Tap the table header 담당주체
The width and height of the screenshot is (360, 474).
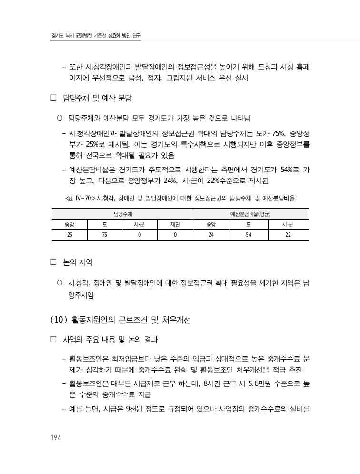pos(123,214)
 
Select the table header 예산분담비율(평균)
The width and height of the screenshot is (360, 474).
pos(250,214)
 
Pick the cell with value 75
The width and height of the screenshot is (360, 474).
pos(104,234)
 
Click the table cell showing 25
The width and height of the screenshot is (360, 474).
pos(70,234)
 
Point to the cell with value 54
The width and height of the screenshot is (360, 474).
pos(249,234)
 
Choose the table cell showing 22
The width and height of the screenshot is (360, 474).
pos(288,234)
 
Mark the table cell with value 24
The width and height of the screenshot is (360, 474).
pos(211,234)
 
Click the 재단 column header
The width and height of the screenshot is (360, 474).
pos(175,224)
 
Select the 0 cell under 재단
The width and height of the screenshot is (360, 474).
pos(175,234)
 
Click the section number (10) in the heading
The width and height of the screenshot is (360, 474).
pos(59,320)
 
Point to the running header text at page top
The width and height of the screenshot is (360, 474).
pos(96,36)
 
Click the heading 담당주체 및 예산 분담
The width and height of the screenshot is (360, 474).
pos(97,99)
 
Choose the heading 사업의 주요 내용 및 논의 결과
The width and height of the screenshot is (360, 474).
pos(110,340)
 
